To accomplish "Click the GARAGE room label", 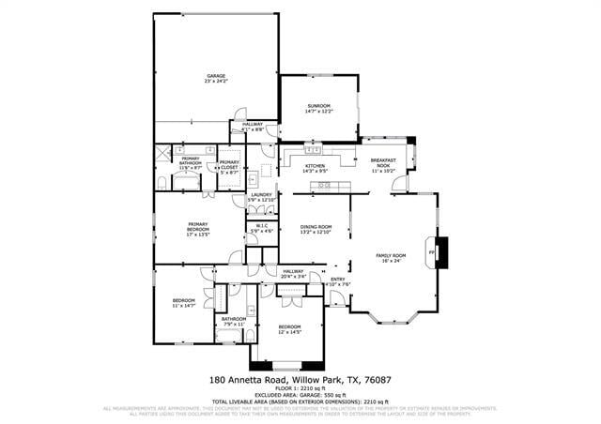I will pos(216,79).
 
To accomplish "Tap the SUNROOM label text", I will pos(318,109).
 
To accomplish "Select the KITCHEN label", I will pos(315,168).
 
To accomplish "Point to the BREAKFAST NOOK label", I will pos(384,165).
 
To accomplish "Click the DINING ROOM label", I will pos(316,229).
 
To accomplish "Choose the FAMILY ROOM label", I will pos(391,259).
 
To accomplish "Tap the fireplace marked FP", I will pos(433,253).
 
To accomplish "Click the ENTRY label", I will pos(338,280).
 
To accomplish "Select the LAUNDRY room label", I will pos(261,197).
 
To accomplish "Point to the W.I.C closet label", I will pos(262,228).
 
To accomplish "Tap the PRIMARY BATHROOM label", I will pos(190,163).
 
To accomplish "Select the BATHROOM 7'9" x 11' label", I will pos(233,321).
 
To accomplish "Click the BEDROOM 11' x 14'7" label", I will pos(183,303).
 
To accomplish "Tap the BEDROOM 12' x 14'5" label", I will pos(289,328).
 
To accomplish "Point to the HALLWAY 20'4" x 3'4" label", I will pos(294,274).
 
